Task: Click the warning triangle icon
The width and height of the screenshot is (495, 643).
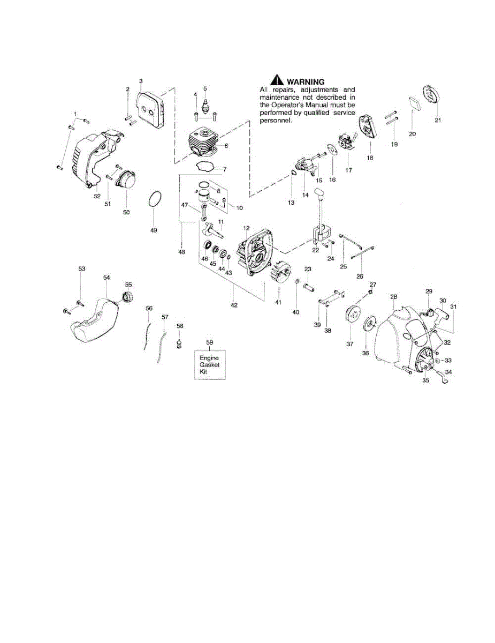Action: pos(276,80)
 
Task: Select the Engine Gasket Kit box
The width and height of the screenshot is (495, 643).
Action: pos(209,364)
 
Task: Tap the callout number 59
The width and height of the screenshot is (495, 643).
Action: pos(209,341)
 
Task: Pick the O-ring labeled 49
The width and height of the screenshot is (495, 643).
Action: pos(154,200)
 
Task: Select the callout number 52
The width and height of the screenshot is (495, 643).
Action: pos(97,196)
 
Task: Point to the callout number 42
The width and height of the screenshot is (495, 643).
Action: pos(233,305)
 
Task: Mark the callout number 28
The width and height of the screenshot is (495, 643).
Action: pos(393,296)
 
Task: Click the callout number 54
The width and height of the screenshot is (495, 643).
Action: pos(106,278)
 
